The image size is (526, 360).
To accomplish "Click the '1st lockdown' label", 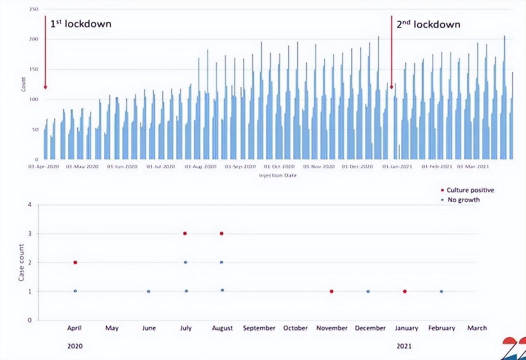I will tap(81, 24).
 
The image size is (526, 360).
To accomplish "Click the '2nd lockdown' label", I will tap(428, 24).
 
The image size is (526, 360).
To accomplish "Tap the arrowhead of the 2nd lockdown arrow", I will tap(391, 87).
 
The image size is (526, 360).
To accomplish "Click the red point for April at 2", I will tap(75, 262).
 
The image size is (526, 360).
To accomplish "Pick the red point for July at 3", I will tap(185, 233).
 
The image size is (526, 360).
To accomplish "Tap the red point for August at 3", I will tap(222, 233).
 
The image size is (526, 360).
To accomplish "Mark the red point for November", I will tap(332, 292).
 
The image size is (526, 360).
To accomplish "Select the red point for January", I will tap(405, 292).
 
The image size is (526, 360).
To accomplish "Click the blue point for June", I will tap(149, 292).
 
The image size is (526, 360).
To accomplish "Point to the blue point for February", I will tap(441, 292).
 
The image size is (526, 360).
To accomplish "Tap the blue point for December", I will tap(368, 292).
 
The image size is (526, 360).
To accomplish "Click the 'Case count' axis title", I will tap(21, 263).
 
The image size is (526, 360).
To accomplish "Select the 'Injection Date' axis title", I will tap(278, 175).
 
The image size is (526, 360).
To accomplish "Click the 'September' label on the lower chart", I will tap(259, 328).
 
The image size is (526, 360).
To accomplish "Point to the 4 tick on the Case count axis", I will tap(29, 205).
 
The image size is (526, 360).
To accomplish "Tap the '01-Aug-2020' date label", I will tap(200, 167).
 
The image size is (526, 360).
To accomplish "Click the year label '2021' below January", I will tap(404, 346).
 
